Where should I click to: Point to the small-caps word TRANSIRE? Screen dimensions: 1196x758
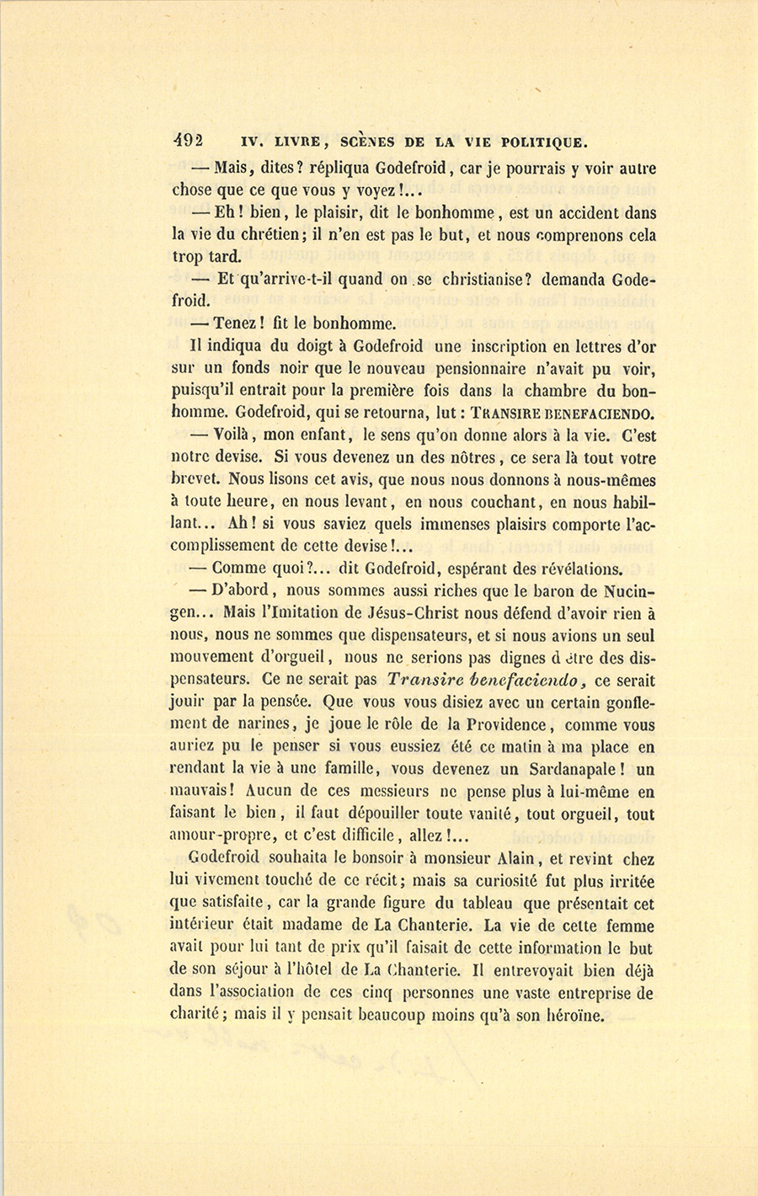tap(507, 414)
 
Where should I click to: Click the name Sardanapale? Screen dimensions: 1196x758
tap(563, 769)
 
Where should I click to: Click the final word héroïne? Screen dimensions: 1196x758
tap(573, 1015)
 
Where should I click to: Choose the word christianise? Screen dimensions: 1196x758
tap(487, 279)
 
